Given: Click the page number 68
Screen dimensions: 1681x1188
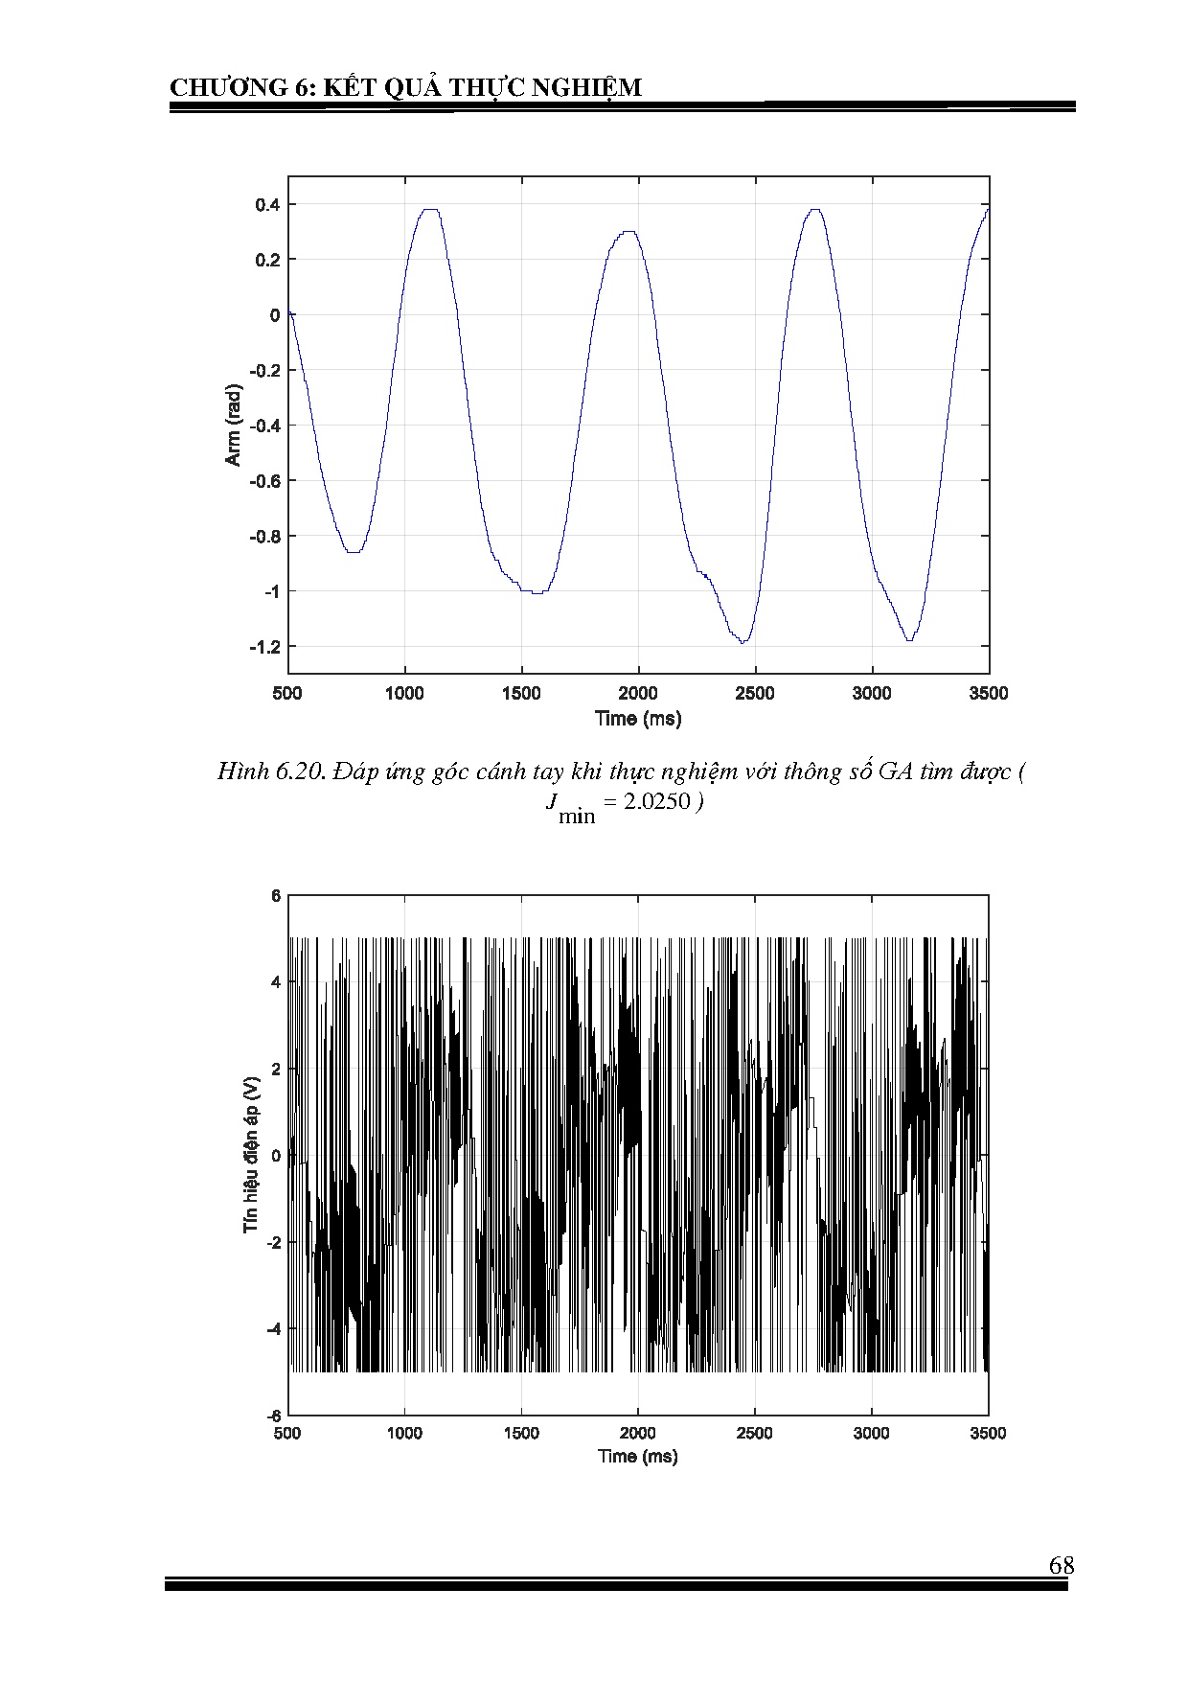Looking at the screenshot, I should (x=1061, y=1565).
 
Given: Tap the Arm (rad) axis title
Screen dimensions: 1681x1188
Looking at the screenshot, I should (x=233, y=426).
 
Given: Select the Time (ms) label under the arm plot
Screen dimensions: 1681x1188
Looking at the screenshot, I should (x=637, y=718).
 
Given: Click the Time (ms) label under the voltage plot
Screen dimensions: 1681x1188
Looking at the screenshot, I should (x=637, y=1456).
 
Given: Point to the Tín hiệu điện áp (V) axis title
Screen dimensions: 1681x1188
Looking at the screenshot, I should (x=251, y=1155).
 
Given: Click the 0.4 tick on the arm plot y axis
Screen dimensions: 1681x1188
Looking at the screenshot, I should (x=267, y=204).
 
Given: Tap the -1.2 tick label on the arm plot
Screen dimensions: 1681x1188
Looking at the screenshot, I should (x=263, y=647).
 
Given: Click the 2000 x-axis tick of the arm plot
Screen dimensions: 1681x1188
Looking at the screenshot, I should (x=638, y=693).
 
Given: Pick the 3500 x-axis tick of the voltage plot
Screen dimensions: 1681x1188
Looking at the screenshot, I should (x=988, y=1433).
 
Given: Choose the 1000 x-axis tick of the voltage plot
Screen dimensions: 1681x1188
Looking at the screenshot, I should (x=404, y=1433).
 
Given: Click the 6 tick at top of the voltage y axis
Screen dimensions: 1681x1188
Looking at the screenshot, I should (x=276, y=896).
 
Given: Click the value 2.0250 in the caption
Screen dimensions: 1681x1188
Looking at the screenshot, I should (x=656, y=801).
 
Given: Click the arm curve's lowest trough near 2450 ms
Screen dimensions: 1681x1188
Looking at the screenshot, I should (x=742, y=642).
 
